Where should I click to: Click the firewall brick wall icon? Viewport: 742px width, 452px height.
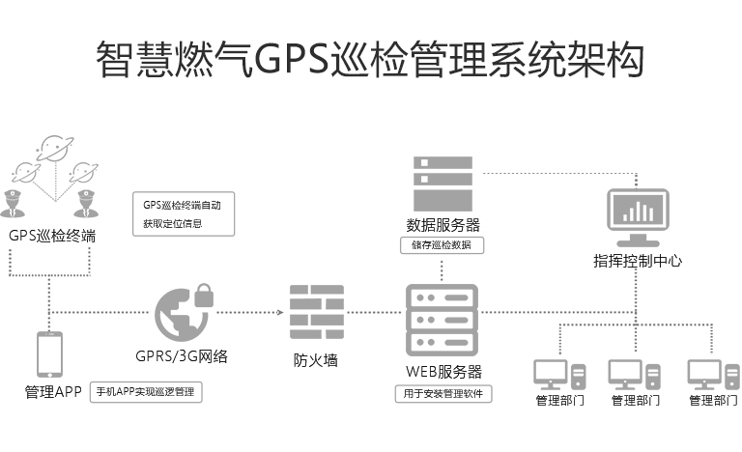pos(317,312)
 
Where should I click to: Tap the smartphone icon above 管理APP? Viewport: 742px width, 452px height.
pos(49,354)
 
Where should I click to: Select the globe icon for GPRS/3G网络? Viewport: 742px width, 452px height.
pos(179,315)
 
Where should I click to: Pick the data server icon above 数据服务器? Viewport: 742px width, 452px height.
pos(442,184)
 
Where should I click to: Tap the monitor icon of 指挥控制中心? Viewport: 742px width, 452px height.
pos(637,218)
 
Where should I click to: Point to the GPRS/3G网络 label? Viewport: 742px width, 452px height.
pos(182,355)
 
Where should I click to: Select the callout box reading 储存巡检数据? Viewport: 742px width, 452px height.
pos(442,245)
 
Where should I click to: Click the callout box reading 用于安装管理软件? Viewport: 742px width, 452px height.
pos(443,394)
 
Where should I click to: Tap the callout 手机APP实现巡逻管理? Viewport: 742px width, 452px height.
pos(146,392)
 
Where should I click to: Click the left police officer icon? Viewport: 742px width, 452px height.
pos(14,207)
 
